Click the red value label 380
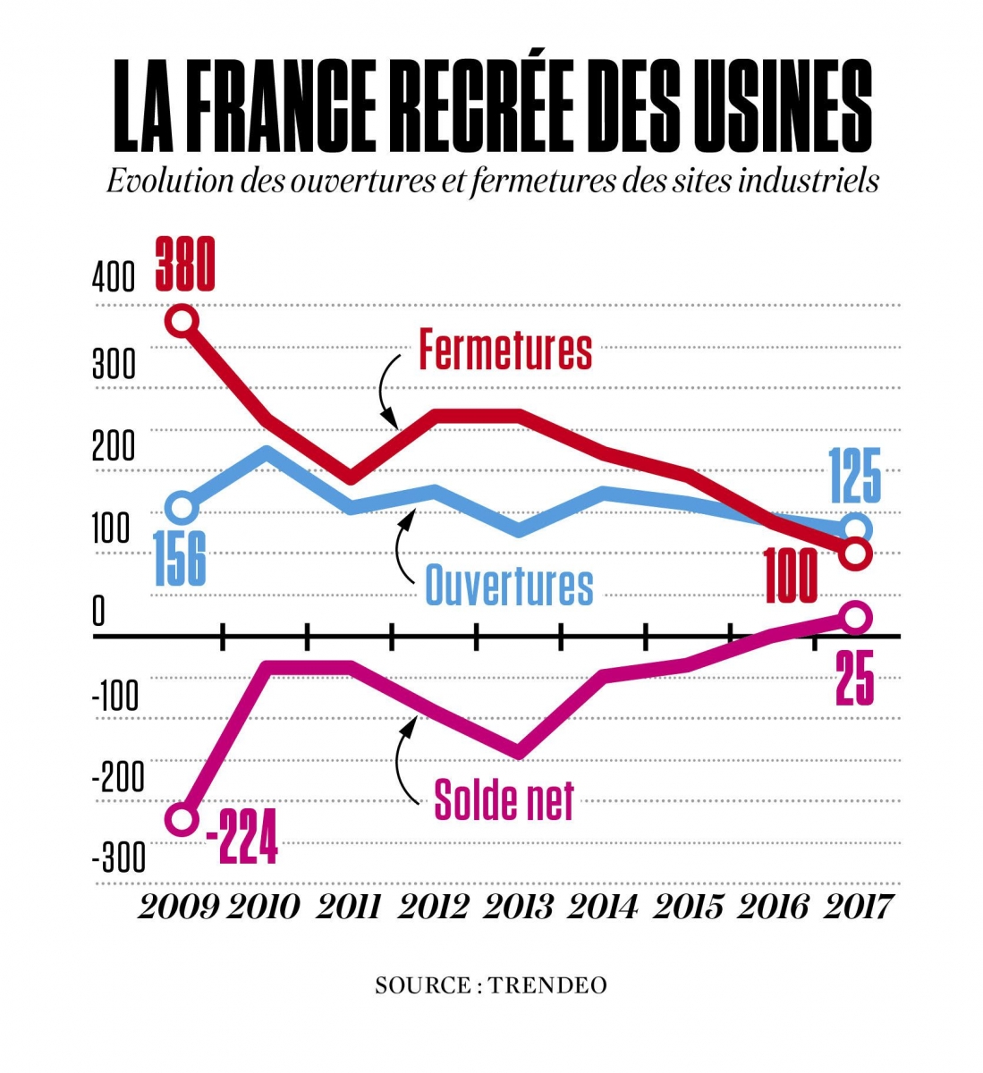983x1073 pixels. (185, 264)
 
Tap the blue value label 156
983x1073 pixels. (181, 558)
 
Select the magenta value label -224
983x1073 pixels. (242, 837)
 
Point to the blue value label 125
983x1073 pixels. (854, 476)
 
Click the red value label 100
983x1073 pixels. (791, 577)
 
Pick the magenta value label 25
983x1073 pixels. (854, 679)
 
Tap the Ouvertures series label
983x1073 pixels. (508, 586)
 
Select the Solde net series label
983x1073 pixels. (504, 798)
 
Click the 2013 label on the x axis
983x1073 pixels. (519, 908)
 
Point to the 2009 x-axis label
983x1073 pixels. (179, 908)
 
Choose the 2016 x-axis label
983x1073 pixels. (774, 908)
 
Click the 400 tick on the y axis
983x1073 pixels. (114, 278)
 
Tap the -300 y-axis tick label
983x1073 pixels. (118, 858)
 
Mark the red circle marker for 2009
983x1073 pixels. (182, 321)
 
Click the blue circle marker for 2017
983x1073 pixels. (856, 529)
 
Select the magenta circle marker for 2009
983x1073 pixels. (182, 820)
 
